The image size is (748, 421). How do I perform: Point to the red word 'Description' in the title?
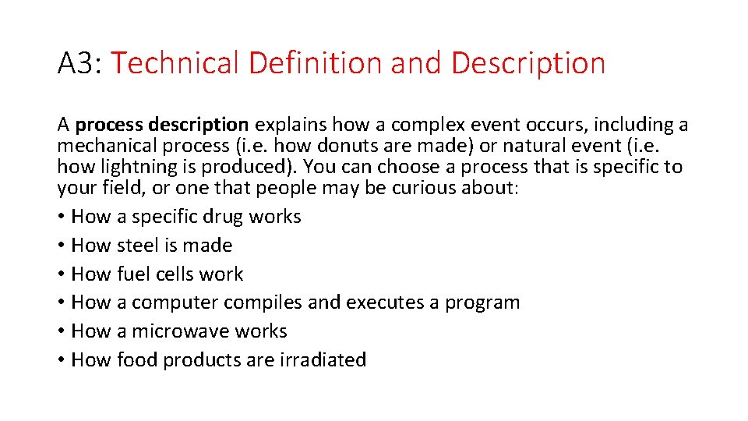527,63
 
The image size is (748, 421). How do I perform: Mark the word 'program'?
482,303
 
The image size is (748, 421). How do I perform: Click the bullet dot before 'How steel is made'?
62,246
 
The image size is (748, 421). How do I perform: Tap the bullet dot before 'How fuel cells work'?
62,275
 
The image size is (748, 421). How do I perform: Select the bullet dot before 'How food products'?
62,361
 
